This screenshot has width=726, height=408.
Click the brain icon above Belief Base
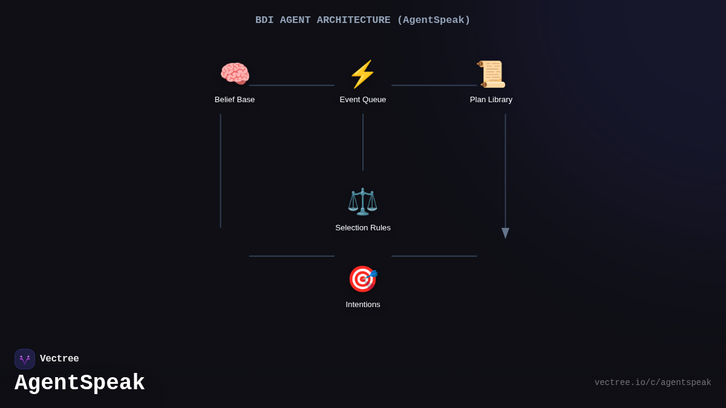pyautogui.click(x=235, y=74)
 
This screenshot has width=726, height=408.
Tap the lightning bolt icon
pyautogui.click(x=362, y=74)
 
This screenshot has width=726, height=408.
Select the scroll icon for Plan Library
pyautogui.click(x=491, y=74)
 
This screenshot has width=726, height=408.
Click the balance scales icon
pyautogui.click(x=362, y=202)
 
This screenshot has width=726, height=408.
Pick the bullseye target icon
pyautogui.click(x=363, y=279)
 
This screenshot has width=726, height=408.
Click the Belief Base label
pyautogui.click(x=235, y=100)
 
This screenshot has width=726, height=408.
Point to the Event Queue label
pyautogui.click(x=362, y=100)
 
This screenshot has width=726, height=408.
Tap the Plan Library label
pyautogui.click(x=491, y=100)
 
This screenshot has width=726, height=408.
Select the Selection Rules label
pyautogui.click(x=362, y=228)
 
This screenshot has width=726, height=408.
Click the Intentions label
pyautogui.click(x=362, y=305)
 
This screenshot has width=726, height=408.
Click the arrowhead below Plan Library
pyautogui.click(x=505, y=233)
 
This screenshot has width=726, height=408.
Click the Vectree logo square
pyautogui.click(x=25, y=359)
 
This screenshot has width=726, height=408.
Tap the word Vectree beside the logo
pyautogui.click(x=59, y=358)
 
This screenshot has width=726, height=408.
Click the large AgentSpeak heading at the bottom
pyautogui.click(x=79, y=383)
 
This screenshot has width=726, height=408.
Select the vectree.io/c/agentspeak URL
pyautogui.click(x=653, y=383)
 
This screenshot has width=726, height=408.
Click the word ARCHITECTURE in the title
pyautogui.click(x=353, y=20)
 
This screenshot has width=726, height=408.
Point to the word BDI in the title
pyautogui.click(x=264, y=20)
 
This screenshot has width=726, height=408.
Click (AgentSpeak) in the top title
pyautogui.click(x=434, y=20)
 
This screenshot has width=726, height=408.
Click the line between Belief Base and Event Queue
pyautogui.click(x=292, y=85)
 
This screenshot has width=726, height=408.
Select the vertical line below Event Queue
pyautogui.click(x=362, y=142)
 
